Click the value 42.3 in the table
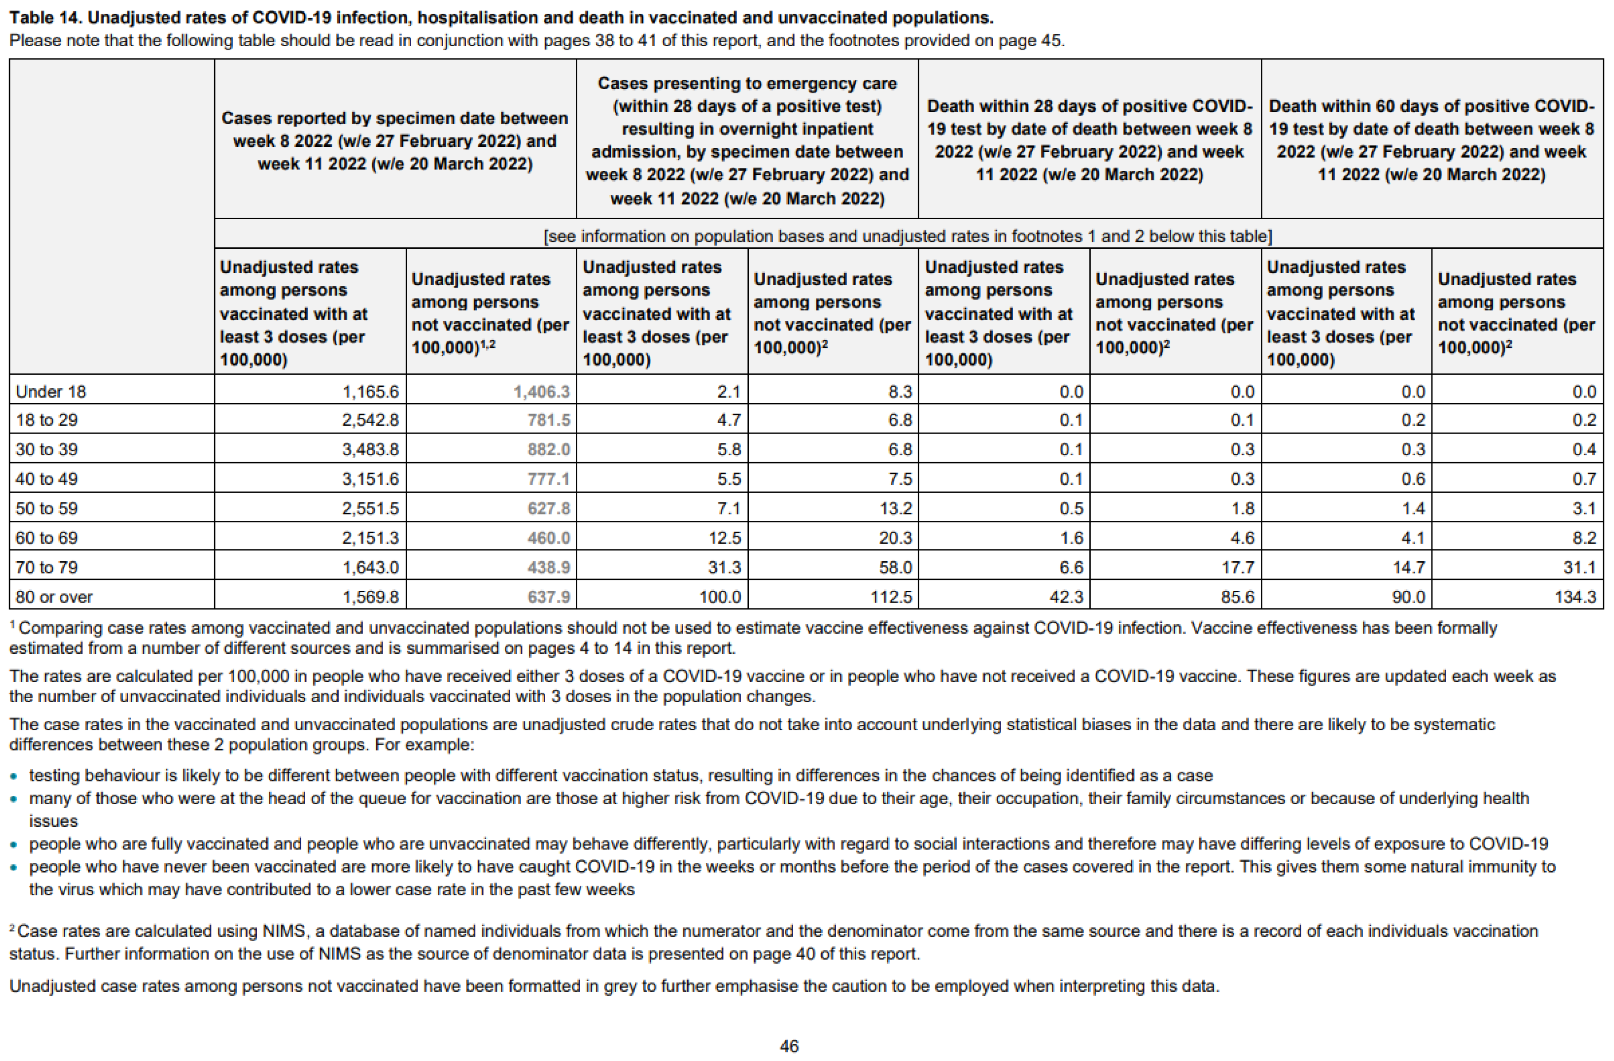tap(1066, 597)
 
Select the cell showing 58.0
tap(895, 567)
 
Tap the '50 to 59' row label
tap(46, 508)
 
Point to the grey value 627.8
tap(548, 508)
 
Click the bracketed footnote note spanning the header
tap(907, 236)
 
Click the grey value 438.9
tap(548, 567)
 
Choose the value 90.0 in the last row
tap(1408, 597)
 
